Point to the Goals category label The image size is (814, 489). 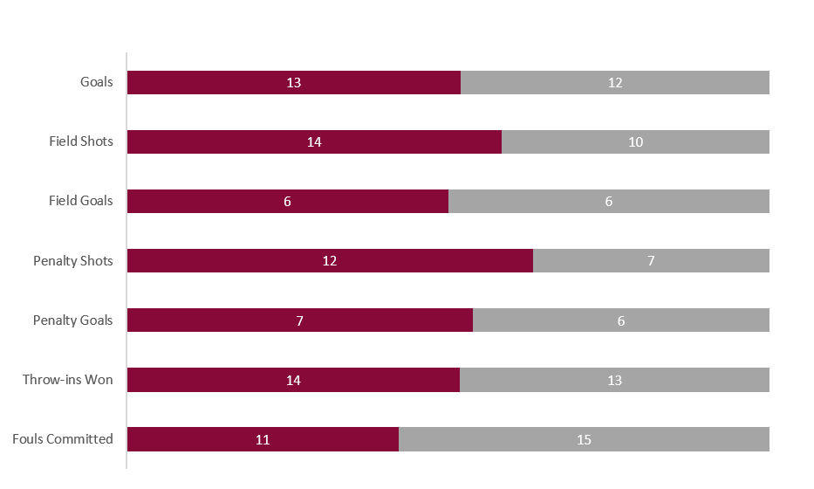(96, 83)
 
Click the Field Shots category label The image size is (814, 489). (81, 141)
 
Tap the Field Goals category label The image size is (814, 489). (81, 201)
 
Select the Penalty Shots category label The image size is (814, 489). (73, 260)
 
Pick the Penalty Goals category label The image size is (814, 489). (73, 320)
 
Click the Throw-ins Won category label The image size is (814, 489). (68, 380)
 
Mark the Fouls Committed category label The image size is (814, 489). (63, 439)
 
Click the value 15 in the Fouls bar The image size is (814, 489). (584, 440)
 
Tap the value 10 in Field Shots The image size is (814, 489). (635, 142)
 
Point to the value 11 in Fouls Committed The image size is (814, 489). (263, 440)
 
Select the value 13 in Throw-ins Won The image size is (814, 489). (614, 381)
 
